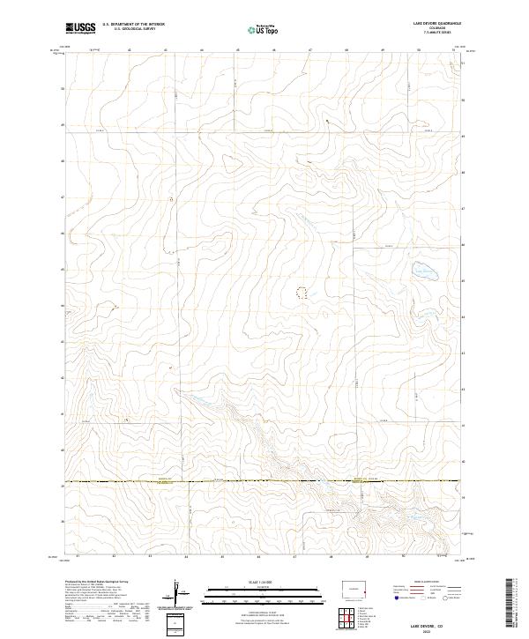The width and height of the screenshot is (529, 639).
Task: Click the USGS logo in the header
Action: [80, 29]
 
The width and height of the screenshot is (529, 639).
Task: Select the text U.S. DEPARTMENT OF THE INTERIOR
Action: [133, 25]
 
